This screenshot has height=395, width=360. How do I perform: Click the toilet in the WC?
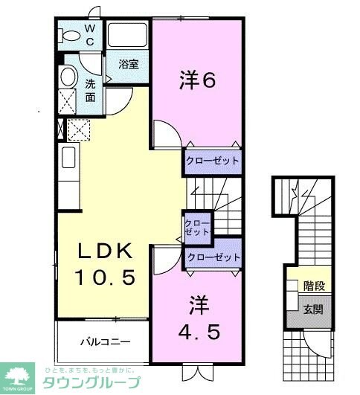coord(70,34)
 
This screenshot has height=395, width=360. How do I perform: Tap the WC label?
coord(89,35)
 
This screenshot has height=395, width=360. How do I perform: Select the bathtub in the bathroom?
coord(129,36)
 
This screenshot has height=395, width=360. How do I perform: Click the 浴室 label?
coord(129,64)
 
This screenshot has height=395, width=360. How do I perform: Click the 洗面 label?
coord(90,90)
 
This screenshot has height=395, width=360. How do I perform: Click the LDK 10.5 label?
coord(105,263)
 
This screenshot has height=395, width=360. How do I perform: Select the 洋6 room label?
coord(198,80)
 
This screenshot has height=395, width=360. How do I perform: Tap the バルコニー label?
coord(106,342)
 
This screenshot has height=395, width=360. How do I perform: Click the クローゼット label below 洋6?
coord(213,161)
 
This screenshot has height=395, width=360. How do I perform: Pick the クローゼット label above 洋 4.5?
coord(213,257)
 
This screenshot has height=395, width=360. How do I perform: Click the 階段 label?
coord(312,284)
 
